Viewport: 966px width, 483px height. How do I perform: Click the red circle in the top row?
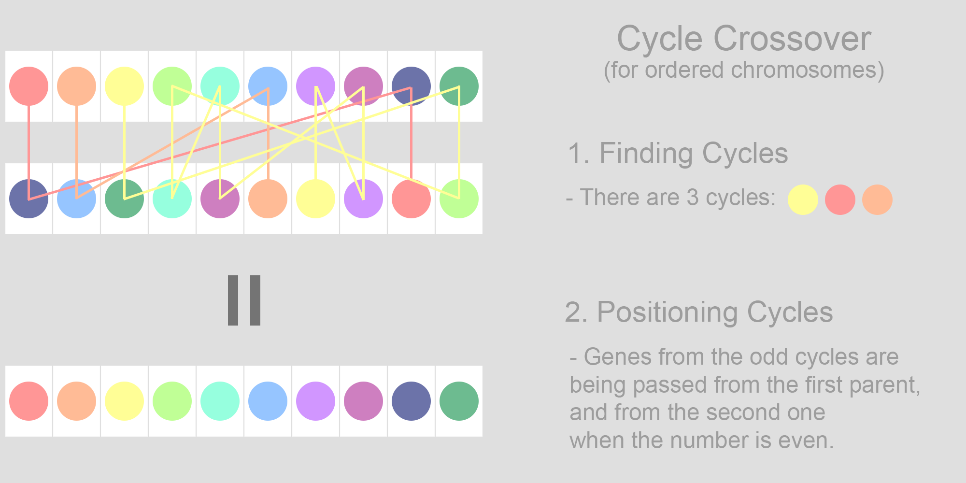click(x=29, y=86)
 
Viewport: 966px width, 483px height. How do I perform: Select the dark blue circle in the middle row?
click(x=29, y=199)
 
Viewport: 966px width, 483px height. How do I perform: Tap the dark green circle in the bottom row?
click(x=459, y=401)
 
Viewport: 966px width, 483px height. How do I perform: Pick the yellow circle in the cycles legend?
click(x=803, y=199)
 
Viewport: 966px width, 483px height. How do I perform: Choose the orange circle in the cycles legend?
click(x=877, y=199)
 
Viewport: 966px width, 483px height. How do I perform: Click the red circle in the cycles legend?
click(x=840, y=199)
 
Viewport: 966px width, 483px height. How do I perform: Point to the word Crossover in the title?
click(x=792, y=39)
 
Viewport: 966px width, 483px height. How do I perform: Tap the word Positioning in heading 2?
click(x=667, y=313)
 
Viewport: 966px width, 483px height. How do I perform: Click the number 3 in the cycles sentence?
click(x=693, y=198)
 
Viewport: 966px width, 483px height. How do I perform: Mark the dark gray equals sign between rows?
click(x=244, y=300)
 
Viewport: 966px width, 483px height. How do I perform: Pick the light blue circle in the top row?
click(x=268, y=86)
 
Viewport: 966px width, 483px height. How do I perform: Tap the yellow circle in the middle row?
click(x=315, y=199)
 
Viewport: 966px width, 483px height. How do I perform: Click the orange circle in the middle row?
click(x=268, y=199)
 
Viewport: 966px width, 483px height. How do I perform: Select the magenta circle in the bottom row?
click(x=363, y=401)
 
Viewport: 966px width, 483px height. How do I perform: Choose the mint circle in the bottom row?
click(x=220, y=401)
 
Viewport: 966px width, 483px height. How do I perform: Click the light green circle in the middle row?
click(x=459, y=199)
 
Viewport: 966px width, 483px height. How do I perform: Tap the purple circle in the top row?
click(x=315, y=86)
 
